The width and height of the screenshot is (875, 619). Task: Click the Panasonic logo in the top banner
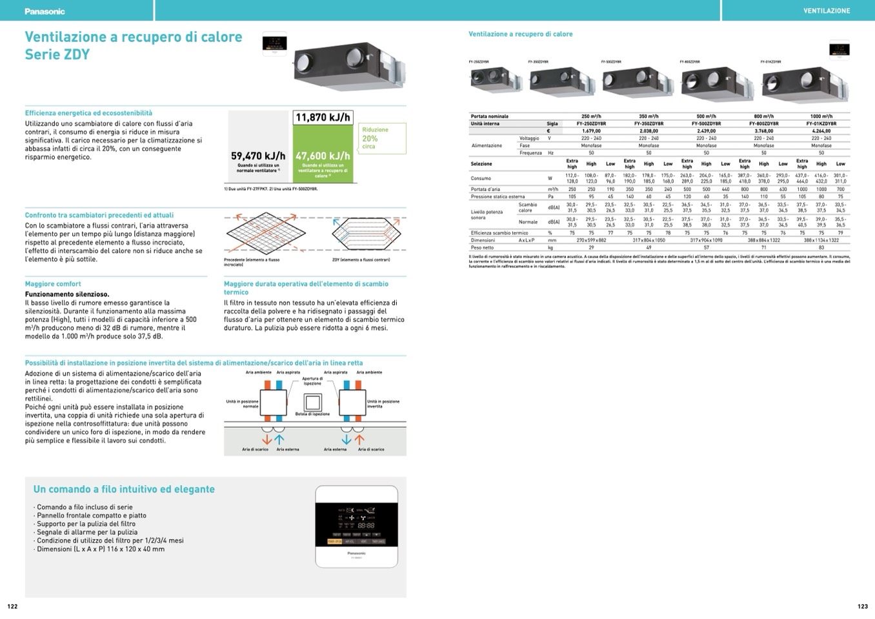point(45,11)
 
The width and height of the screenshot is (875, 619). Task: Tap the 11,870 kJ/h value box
point(323,117)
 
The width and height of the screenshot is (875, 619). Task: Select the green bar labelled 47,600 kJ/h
point(323,155)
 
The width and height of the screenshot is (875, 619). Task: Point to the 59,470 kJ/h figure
point(258,156)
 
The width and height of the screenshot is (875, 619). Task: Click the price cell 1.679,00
point(591,131)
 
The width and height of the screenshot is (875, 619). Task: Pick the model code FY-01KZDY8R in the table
point(821,124)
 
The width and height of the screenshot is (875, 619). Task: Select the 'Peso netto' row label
point(482,247)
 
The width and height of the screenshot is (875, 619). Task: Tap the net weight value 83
point(821,247)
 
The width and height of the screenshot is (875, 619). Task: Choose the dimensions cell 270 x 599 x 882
point(591,240)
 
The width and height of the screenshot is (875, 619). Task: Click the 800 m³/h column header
point(763,116)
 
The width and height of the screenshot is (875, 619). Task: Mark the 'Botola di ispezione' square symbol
point(312,403)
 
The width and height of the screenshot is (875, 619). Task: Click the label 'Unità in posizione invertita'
point(383,403)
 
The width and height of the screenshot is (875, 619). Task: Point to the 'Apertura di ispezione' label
point(312,381)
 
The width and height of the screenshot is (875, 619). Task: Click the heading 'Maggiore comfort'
point(53,284)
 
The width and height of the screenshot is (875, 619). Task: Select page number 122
point(12,606)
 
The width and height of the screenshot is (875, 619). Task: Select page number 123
point(863,606)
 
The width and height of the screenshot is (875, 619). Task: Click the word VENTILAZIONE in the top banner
point(827,11)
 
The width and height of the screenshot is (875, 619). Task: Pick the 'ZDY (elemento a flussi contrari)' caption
point(361,260)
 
